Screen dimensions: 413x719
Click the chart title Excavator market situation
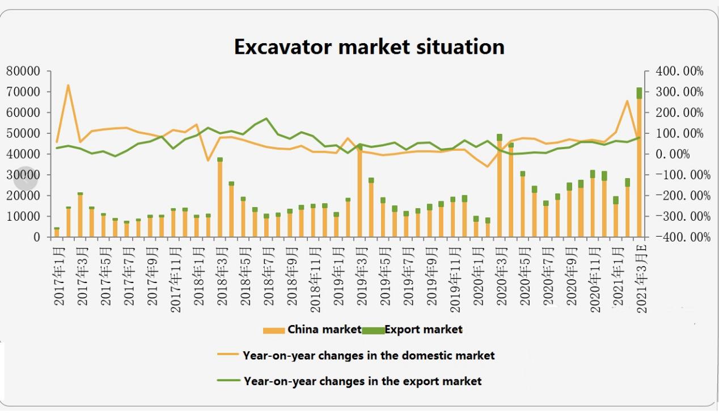pyautogui.click(x=369, y=47)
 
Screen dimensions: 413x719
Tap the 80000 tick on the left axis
pyautogui.click(x=23, y=71)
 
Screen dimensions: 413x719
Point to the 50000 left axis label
pyautogui.click(x=23, y=134)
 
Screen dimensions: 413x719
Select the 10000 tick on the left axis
pyautogui.click(x=23, y=217)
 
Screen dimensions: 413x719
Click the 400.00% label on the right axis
pyautogui.click(x=679, y=71)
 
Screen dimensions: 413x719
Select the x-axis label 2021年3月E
pyautogui.click(x=642, y=278)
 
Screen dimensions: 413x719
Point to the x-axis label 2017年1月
pyautogui.click(x=59, y=275)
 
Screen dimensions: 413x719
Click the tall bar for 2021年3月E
pyautogui.click(x=639, y=165)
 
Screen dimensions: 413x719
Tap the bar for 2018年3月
pyautogui.click(x=220, y=199)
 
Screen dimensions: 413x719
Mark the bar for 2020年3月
pyautogui.click(x=500, y=187)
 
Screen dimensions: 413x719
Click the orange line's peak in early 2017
pyautogui.click(x=68, y=86)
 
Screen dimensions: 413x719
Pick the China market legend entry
pyautogui.click(x=312, y=330)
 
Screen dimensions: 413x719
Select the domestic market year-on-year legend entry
pyautogui.click(x=356, y=356)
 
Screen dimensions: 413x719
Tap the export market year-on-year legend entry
pyautogui.click(x=350, y=381)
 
